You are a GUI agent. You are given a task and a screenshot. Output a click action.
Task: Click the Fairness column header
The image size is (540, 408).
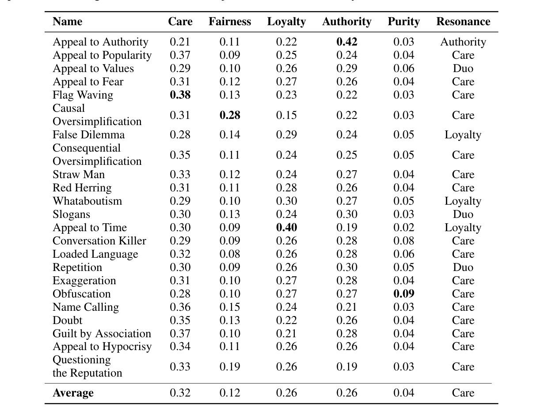coord(229,22)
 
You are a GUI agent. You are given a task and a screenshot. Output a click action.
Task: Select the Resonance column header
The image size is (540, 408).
coord(463,22)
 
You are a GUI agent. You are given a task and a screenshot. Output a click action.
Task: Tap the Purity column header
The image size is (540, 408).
coord(403,22)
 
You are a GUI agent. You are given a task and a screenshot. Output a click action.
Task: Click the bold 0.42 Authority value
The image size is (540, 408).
coord(346,42)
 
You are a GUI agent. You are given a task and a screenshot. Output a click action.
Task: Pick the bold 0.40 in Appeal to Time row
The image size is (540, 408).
coord(286,228)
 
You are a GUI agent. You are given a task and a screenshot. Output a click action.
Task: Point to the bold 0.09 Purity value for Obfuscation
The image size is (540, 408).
coord(403,294)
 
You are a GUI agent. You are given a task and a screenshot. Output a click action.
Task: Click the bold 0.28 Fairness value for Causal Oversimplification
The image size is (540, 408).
coord(229,115)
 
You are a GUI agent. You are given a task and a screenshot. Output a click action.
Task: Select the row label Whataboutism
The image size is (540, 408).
coord(87,201)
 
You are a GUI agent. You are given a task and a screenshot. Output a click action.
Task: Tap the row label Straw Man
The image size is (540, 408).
coord(79,175)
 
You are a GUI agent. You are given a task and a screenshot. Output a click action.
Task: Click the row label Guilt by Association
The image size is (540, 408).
coord(102,334)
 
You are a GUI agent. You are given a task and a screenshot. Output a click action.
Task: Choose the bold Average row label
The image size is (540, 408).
coord(73,393)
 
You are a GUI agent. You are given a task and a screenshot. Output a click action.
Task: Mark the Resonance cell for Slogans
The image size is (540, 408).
coord(463,214)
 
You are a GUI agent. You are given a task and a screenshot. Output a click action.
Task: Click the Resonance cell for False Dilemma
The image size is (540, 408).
coord(463,135)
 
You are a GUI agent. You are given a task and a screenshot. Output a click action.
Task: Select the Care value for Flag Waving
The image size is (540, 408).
coord(180,95)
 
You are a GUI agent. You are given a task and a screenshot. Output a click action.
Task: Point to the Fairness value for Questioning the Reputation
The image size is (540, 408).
coord(229,367)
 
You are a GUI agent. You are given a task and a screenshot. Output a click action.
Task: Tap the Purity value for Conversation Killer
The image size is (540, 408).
coord(403,241)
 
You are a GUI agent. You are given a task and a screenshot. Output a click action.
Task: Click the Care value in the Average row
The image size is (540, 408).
coord(180,393)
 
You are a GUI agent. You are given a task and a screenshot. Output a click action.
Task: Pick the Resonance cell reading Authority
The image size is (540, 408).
coord(463,42)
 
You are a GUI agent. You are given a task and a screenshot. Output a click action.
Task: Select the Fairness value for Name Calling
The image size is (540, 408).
coord(229,307)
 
